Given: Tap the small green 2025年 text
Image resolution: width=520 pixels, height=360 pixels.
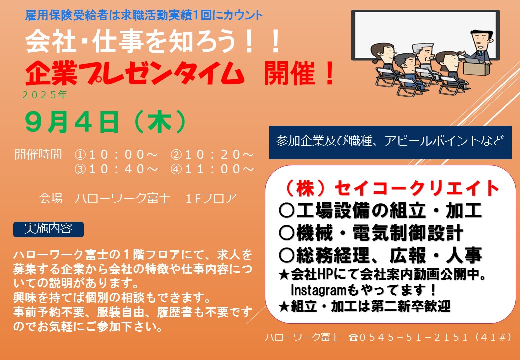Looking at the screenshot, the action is pos(45,95).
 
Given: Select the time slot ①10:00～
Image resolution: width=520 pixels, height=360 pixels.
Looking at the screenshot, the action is pos(116,154).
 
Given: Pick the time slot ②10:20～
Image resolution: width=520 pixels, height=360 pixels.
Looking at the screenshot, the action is pos(212,154).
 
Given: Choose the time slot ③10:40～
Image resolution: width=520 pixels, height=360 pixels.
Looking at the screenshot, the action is pos(116,169).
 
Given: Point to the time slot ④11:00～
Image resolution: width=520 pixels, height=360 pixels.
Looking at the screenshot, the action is pos(212,169).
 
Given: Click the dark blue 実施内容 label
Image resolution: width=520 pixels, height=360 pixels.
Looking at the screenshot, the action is pos(49,229).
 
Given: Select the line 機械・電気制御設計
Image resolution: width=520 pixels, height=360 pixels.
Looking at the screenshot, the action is pos(371,233).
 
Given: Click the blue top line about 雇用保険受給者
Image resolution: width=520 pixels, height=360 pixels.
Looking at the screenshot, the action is pos(144,15).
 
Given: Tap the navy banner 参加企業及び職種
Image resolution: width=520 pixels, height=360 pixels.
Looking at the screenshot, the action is pos(390,142).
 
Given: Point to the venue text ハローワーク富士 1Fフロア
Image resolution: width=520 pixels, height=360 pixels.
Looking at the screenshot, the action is pos(138,198).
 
